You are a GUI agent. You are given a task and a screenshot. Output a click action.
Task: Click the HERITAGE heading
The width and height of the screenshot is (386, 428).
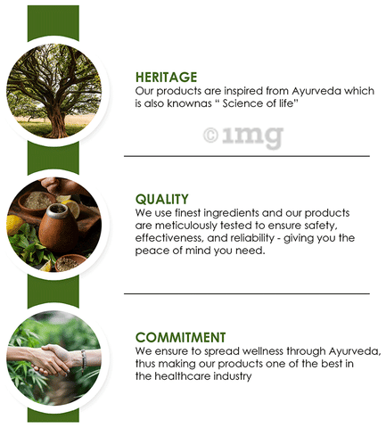(x=166, y=78)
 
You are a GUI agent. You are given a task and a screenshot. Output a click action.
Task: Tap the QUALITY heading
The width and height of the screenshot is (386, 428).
(x=162, y=199)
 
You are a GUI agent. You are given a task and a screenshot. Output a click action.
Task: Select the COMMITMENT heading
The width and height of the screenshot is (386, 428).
(x=181, y=338)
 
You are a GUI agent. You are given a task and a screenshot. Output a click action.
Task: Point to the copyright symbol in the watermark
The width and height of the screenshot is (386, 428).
(x=210, y=136)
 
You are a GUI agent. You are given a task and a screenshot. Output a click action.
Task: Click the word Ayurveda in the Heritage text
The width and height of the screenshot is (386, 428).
(x=316, y=91)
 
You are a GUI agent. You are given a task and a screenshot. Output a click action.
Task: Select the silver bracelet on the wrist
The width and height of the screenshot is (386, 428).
(x=83, y=360)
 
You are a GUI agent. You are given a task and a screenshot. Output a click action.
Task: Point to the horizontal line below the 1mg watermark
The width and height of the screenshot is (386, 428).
(x=247, y=156)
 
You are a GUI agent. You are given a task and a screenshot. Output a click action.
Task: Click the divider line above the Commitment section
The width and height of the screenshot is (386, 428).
(x=247, y=293)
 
